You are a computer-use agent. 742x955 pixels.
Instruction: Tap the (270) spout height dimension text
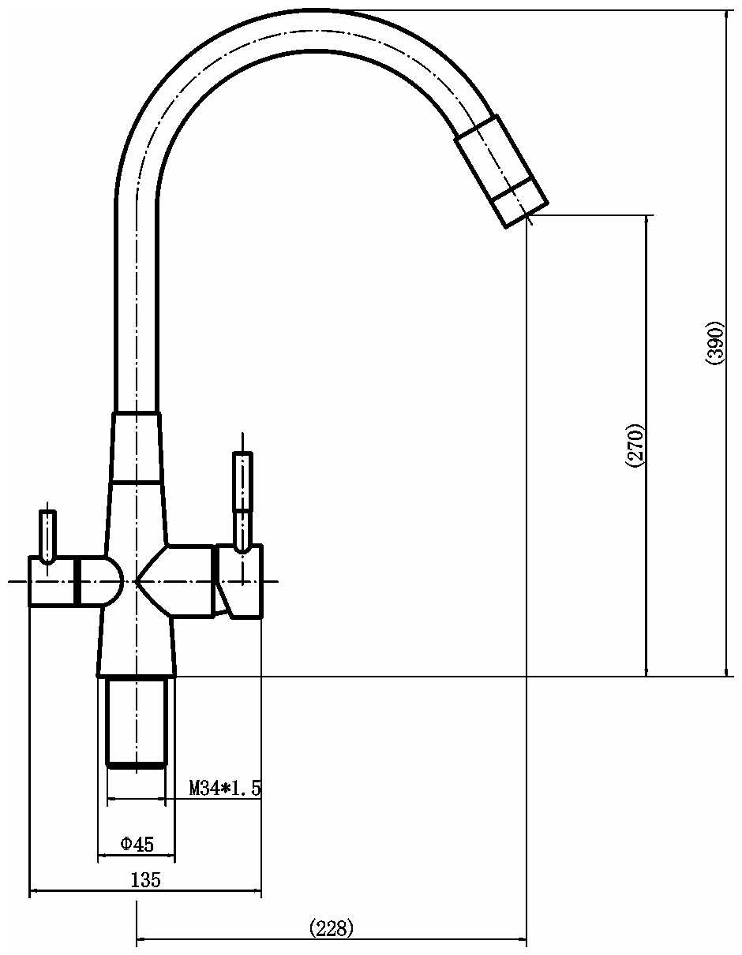point(637,446)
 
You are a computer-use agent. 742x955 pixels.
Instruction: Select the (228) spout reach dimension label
point(332,927)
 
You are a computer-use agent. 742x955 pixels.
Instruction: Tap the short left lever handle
point(47,536)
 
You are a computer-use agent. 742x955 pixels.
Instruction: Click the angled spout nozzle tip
point(501,171)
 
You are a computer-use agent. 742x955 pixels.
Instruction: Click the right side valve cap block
point(239,580)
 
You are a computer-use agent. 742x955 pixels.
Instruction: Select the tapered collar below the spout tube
point(136,447)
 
